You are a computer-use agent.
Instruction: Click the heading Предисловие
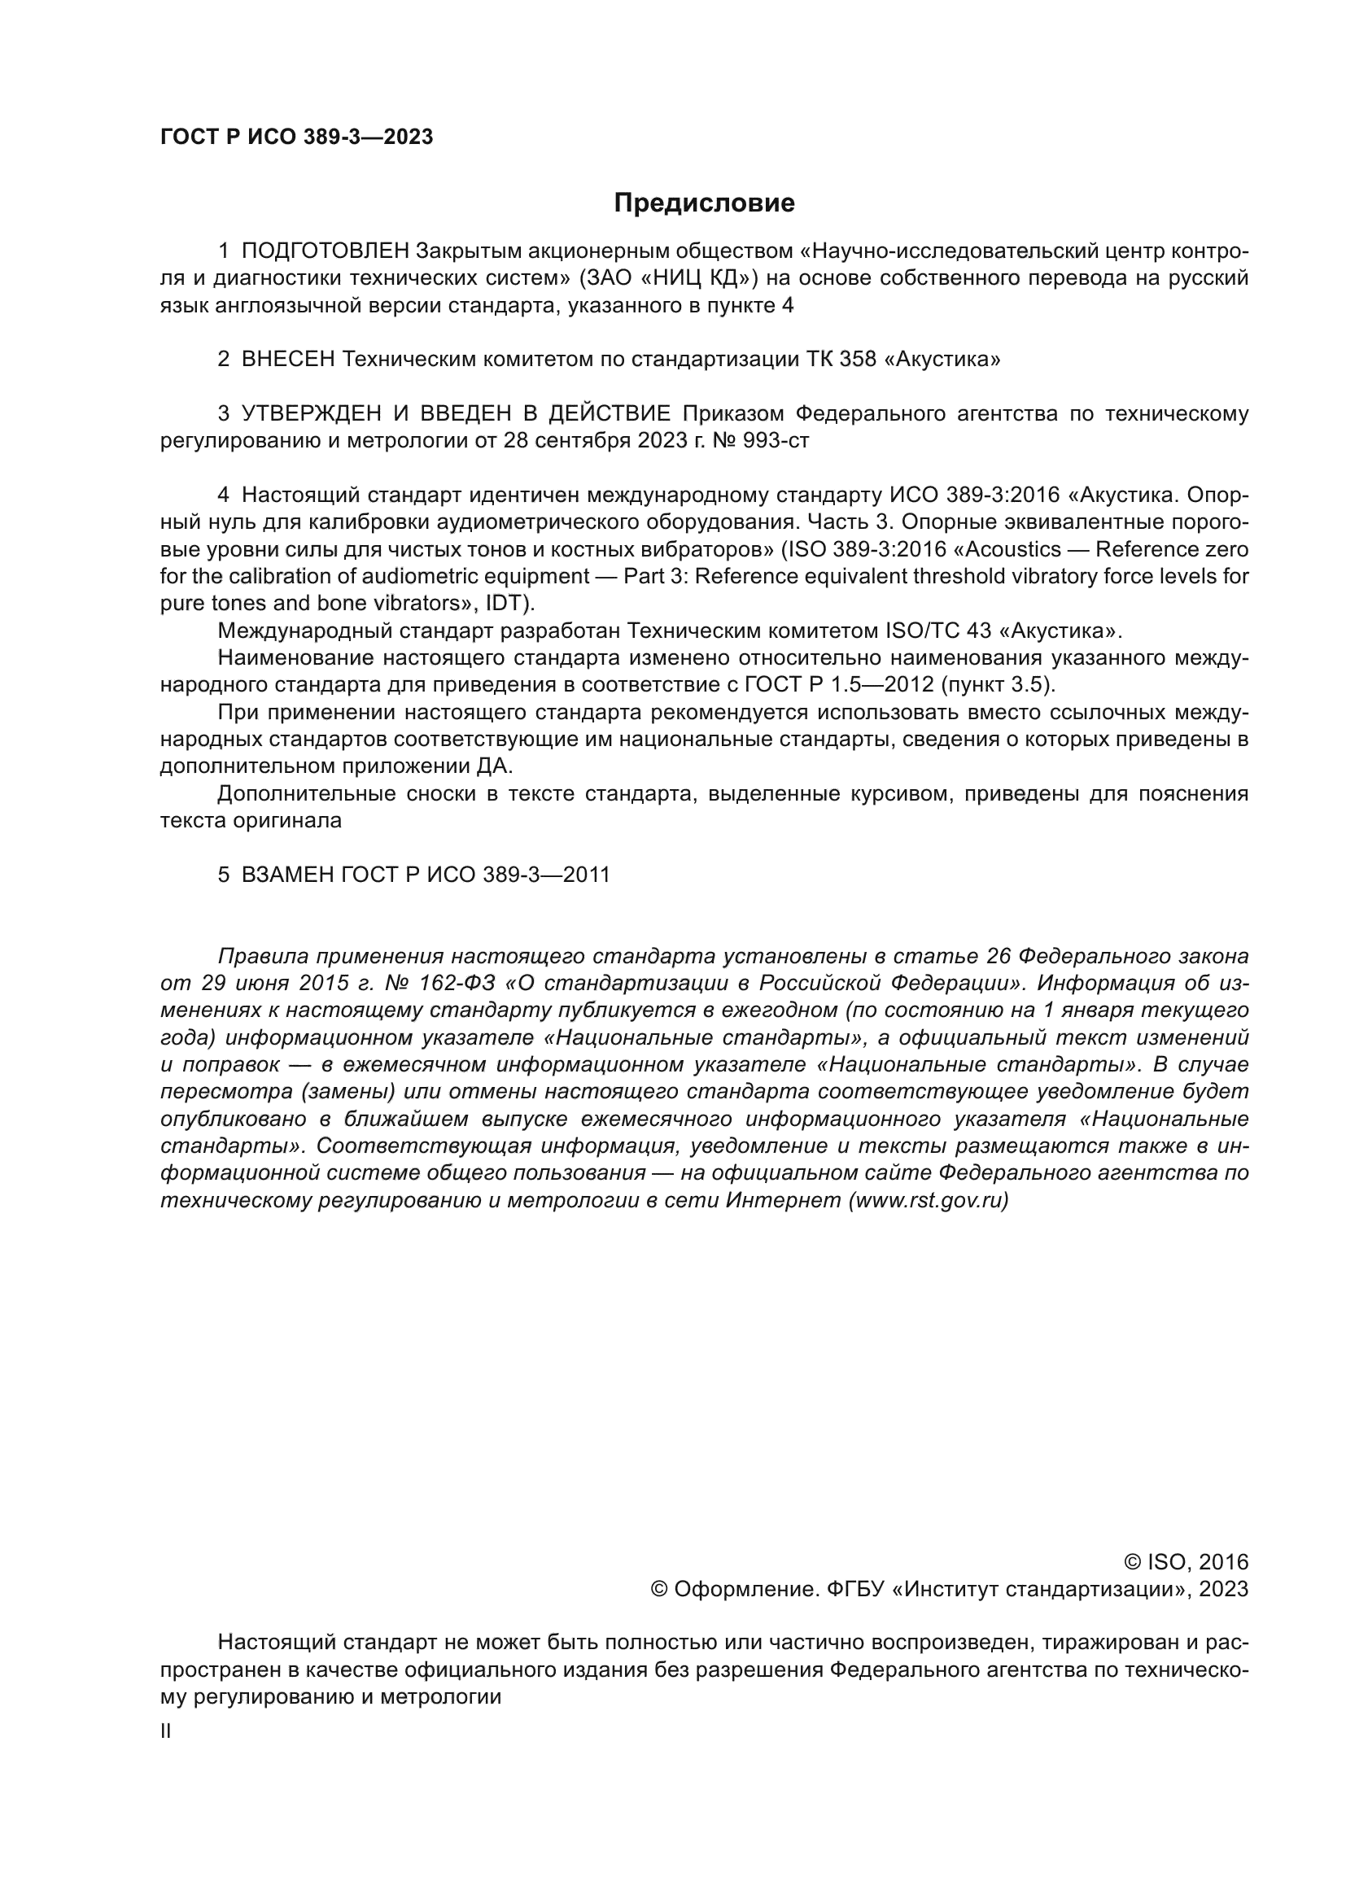[x=704, y=203]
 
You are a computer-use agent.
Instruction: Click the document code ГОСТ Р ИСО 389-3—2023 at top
[x=296, y=137]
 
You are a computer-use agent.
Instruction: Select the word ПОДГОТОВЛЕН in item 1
[x=325, y=251]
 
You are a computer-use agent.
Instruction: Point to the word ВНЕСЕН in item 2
[x=287, y=359]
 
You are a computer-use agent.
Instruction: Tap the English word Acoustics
[x=1021, y=549]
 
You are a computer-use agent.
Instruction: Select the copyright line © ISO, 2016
[x=1186, y=1562]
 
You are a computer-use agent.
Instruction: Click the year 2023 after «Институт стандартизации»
[x=1222, y=1589]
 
